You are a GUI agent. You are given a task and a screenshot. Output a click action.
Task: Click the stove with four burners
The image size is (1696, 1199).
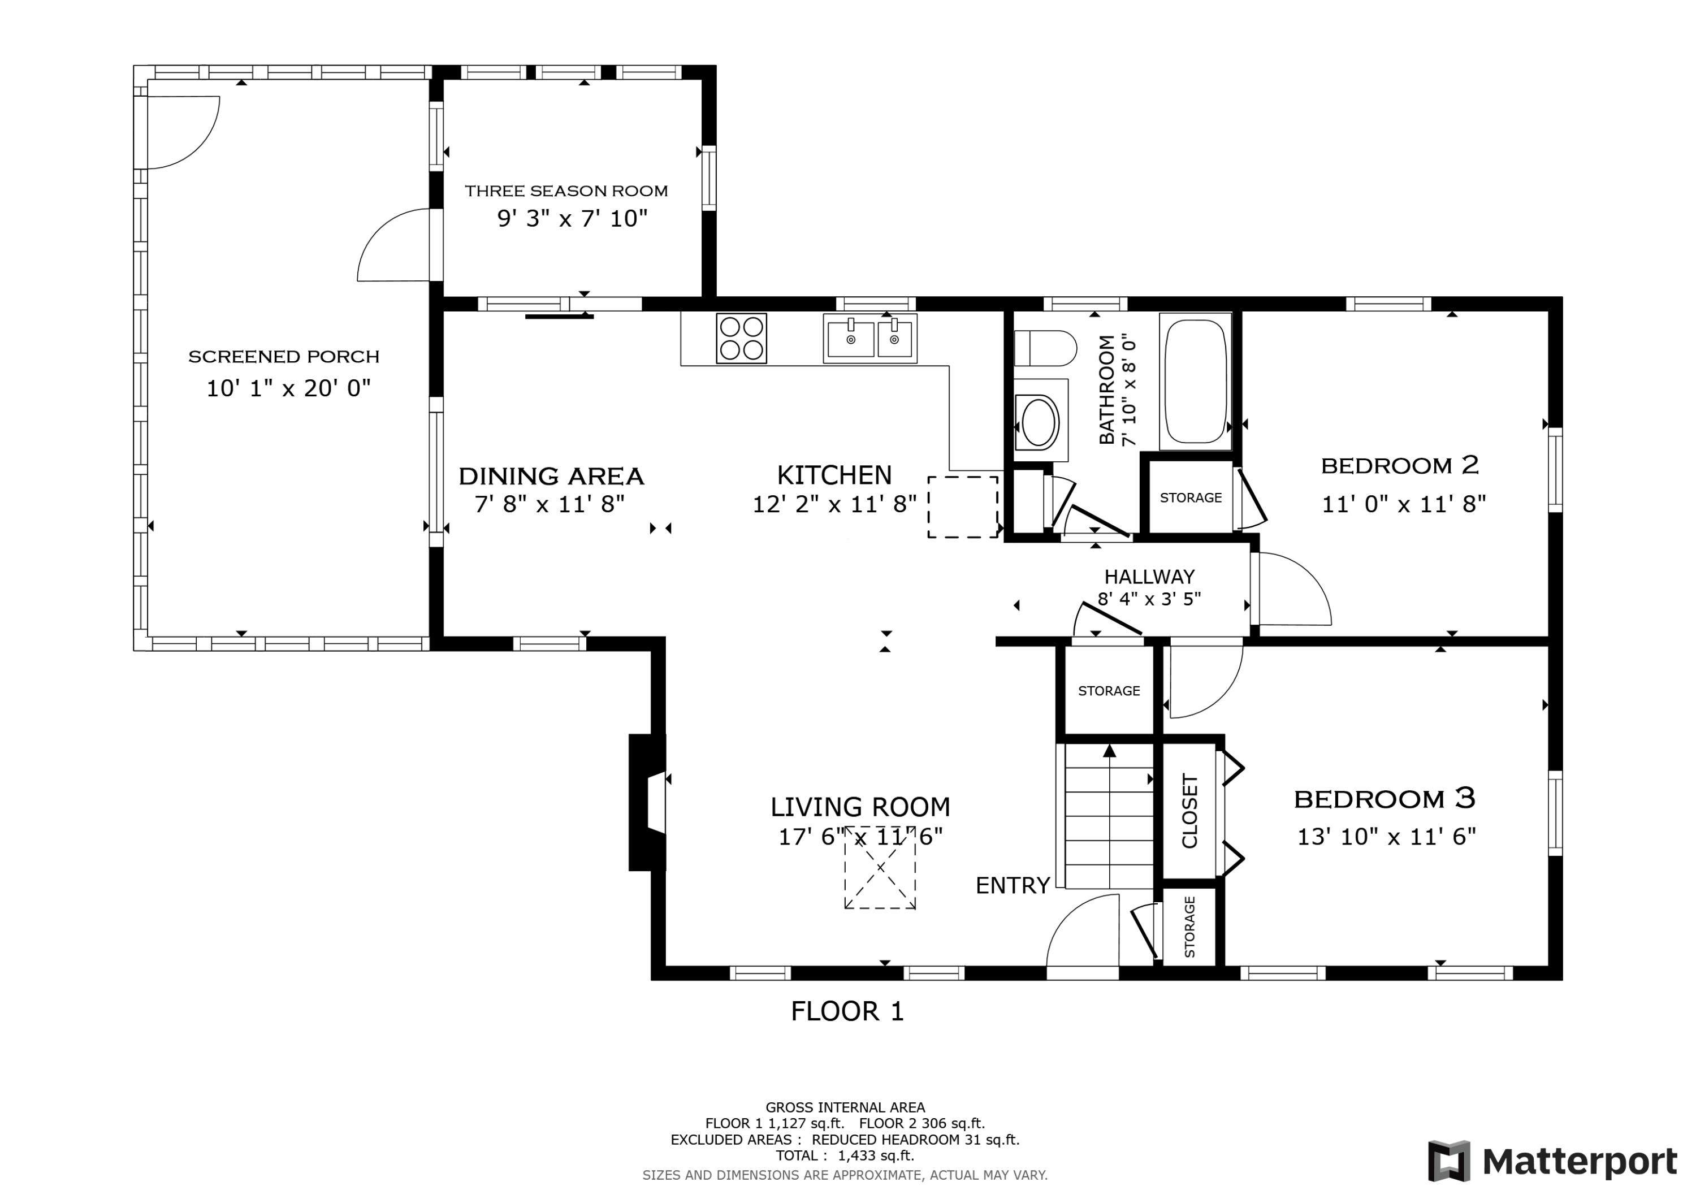(741, 339)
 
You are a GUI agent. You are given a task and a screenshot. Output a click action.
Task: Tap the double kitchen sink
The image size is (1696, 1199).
(870, 339)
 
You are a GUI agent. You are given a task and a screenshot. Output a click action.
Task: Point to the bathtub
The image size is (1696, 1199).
(1195, 381)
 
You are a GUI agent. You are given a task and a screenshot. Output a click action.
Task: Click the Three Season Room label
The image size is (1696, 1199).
(566, 191)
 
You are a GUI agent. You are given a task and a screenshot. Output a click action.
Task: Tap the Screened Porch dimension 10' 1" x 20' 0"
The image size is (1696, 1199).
(288, 388)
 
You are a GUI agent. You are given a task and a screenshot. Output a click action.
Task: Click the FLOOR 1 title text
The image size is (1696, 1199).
(847, 1011)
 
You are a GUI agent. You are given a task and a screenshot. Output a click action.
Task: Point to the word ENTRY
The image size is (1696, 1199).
(1013, 885)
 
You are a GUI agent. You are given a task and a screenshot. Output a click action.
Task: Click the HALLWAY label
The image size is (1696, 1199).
(1149, 576)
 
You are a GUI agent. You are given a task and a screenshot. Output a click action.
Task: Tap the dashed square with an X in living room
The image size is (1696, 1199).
(880, 867)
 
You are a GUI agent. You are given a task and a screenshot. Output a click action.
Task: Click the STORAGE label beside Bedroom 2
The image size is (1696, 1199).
(1190, 498)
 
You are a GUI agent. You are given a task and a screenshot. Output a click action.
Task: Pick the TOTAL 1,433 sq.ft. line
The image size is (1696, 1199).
(844, 1155)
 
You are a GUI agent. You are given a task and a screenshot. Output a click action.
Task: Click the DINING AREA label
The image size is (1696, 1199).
(551, 476)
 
